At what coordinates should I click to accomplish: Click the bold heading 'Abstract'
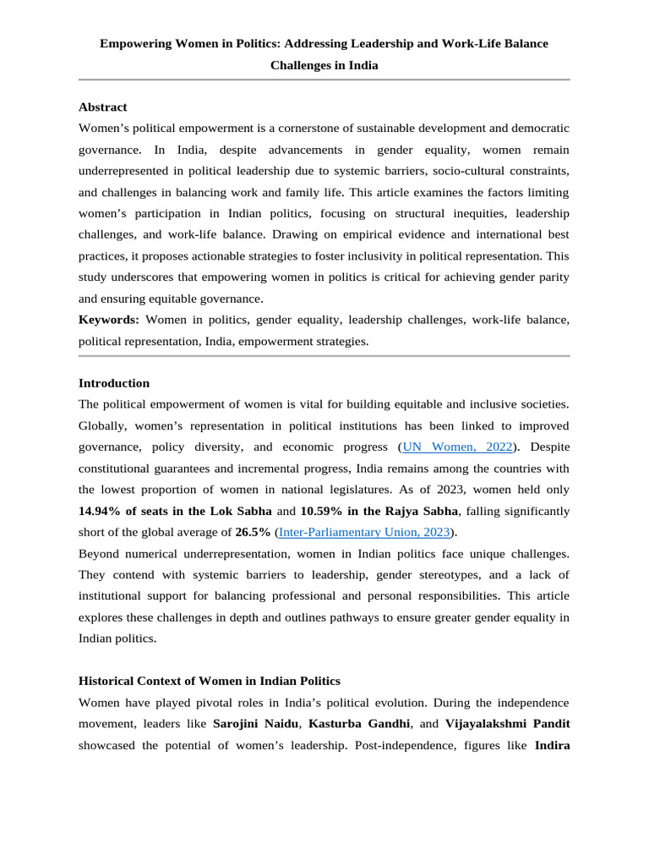(x=102, y=107)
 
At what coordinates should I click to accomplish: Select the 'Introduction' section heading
(x=113, y=383)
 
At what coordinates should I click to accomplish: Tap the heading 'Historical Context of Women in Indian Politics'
(x=209, y=681)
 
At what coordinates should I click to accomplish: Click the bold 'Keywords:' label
(x=109, y=320)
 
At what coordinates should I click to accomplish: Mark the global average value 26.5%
(x=254, y=532)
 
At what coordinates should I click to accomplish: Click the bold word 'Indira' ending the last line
(x=552, y=745)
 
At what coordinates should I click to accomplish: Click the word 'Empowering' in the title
(x=136, y=43)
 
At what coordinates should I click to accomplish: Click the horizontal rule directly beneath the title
(x=324, y=79)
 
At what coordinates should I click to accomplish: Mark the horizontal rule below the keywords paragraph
(x=324, y=355)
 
